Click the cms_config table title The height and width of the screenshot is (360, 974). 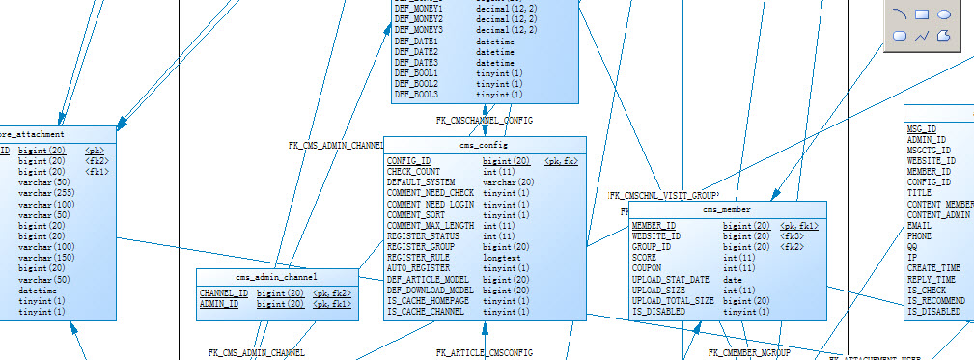click(x=485, y=145)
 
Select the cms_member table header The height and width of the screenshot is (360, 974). click(x=727, y=209)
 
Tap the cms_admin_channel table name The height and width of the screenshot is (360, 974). click(x=276, y=277)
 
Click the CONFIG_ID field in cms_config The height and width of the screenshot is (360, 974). click(x=408, y=161)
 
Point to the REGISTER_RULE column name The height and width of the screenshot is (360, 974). click(x=418, y=258)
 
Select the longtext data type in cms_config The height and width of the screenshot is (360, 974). click(x=502, y=258)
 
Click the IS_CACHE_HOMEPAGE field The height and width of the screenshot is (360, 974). click(x=429, y=301)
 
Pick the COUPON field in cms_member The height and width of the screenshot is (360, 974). click(x=647, y=268)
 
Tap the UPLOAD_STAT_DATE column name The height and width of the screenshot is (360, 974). click(x=670, y=280)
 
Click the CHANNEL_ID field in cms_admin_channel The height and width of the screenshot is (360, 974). click(x=223, y=292)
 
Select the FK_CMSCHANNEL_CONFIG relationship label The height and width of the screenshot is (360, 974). click(x=485, y=121)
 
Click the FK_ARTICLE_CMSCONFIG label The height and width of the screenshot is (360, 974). click(x=484, y=353)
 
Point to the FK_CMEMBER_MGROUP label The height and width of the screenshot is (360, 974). click(x=750, y=354)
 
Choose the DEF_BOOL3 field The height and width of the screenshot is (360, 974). click(x=416, y=95)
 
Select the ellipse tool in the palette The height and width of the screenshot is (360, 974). click(x=945, y=14)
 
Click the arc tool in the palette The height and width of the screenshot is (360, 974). click(x=900, y=14)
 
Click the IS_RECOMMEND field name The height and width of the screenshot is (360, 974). click(x=933, y=301)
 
